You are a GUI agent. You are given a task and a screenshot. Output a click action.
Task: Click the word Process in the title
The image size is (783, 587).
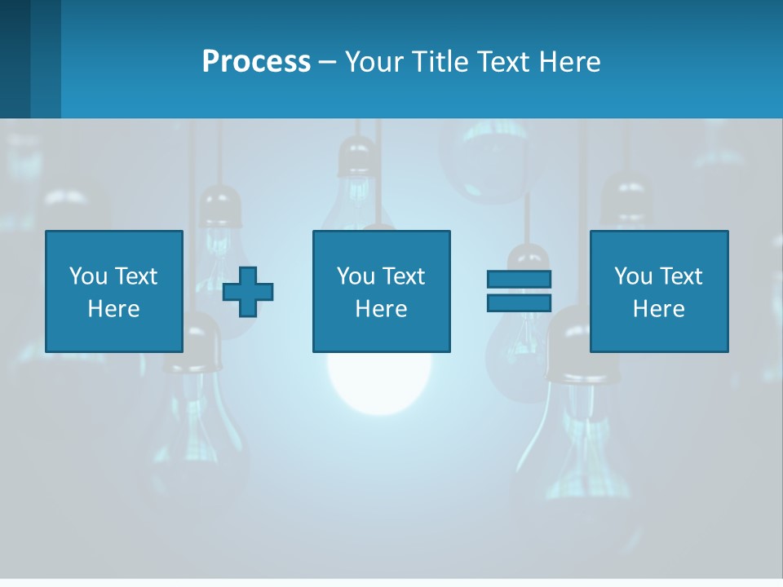[x=256, y=62]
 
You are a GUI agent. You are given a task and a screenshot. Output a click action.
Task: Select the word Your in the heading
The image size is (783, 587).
[x=372, y=62]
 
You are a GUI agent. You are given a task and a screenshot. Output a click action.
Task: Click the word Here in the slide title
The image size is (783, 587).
[x=570, y=62]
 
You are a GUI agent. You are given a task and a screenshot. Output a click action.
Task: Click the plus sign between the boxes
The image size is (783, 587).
[x=248, y=292]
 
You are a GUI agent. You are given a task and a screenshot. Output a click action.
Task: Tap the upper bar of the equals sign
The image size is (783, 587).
[x=519, y=279]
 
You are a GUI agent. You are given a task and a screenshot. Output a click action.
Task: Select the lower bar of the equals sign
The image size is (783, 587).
[x=519, y=302]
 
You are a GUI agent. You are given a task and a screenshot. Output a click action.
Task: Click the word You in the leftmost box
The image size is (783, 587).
[x=88, y=276]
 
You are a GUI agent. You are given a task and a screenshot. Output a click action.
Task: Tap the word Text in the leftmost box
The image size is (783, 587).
[x=135, y=276]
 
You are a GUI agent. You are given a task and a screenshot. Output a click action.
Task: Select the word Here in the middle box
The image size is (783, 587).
[x=381, y=309]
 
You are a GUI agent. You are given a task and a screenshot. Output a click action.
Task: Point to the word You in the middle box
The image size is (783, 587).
[x=356, y=276]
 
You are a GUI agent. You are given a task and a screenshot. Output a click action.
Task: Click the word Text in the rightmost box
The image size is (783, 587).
[x=680, y=276]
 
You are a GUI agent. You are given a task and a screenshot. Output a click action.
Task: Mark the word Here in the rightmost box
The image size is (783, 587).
[x=658, y=309]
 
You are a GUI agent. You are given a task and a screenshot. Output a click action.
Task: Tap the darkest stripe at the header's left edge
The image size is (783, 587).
[x=15, y=59]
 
